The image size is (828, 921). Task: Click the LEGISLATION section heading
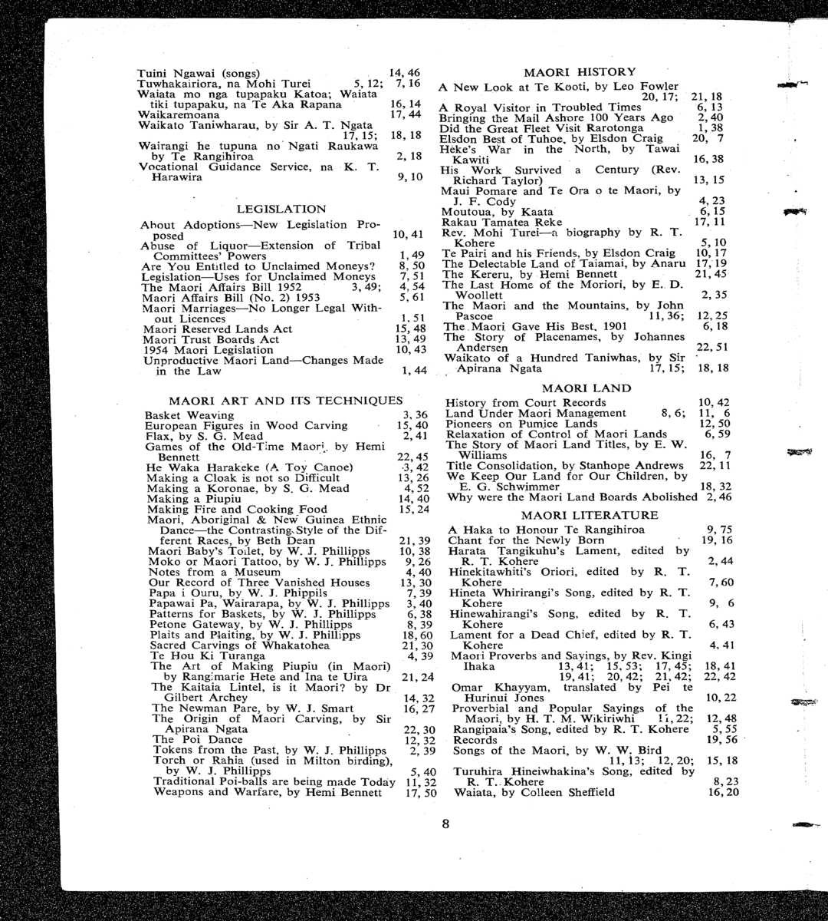click(281, 209)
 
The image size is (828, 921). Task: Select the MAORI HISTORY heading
click(579, 72)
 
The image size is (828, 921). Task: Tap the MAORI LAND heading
click(586, 388)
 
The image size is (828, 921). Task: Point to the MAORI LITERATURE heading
click(590, 516)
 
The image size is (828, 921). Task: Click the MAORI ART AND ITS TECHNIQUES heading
click(285, 401)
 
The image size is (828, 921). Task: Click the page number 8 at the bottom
click(445, 825)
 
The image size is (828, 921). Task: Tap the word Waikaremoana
click(179, 115)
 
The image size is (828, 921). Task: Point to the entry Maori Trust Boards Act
click(211, 339)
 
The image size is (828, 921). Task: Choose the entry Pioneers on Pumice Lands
click(521, 424)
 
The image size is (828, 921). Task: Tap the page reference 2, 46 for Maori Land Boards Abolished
click(717, 497)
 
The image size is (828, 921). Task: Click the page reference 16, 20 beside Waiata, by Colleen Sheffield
click(724, 792)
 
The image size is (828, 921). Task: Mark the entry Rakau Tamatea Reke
click(501, 222)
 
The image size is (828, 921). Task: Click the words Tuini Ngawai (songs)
click(198, 73)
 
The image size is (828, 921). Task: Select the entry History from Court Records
click(526, 403)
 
